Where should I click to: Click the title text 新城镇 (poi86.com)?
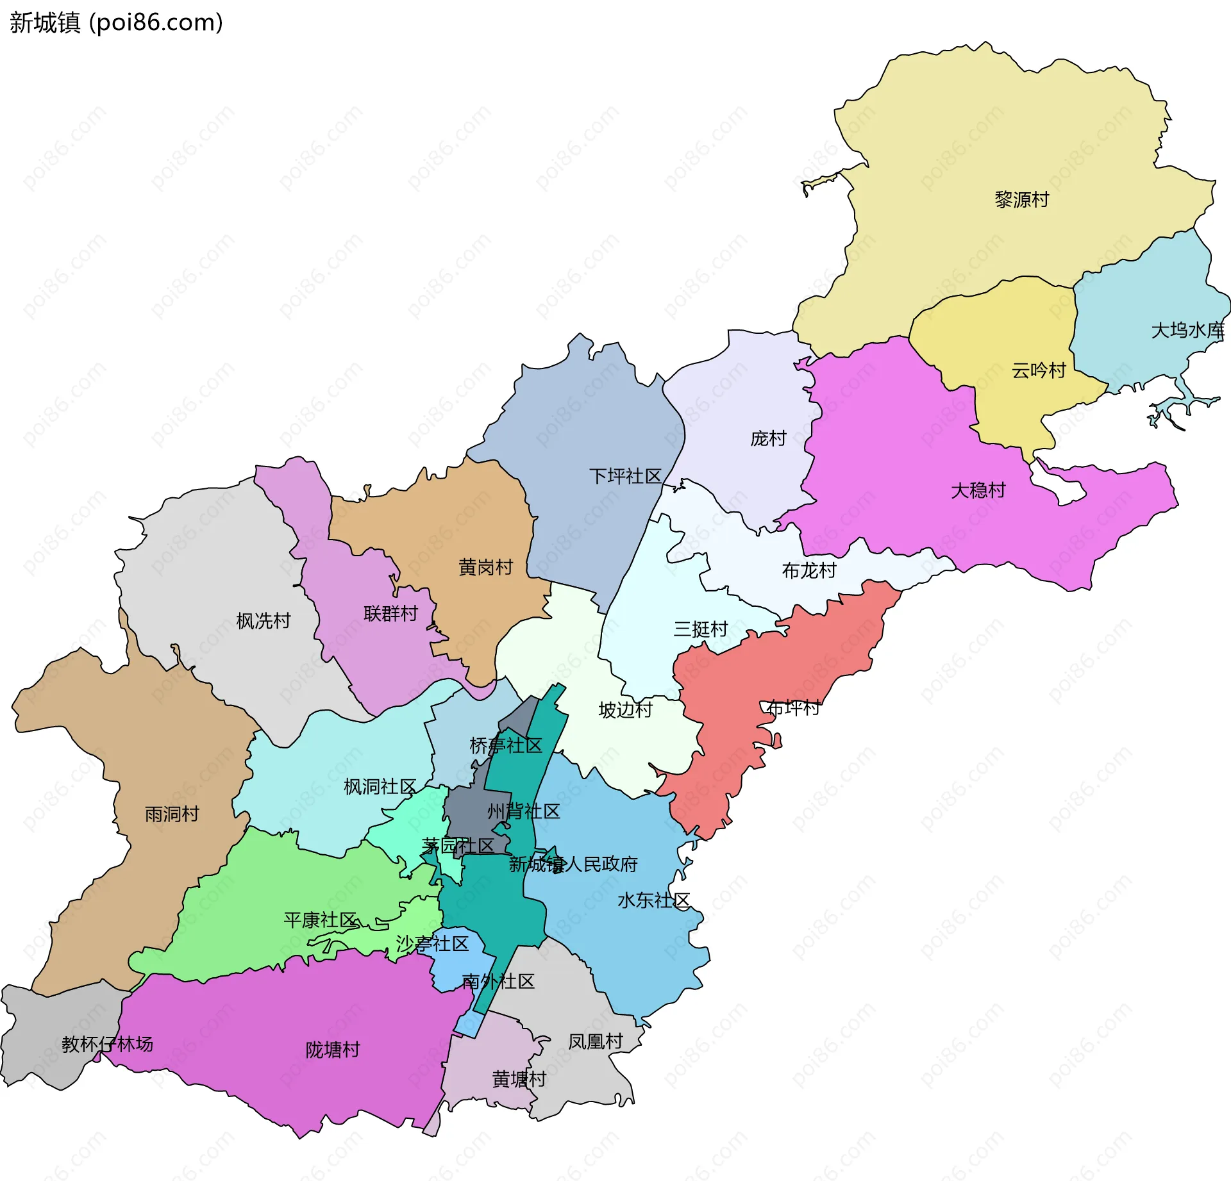(116, 23)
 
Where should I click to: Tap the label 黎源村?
(1021, 200)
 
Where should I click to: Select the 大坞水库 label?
(1187, 331)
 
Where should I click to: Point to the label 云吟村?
(1038, 370)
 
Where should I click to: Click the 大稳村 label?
(978, 491)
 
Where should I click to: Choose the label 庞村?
(768, 439)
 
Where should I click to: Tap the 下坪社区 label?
(624, 476)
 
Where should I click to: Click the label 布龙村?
(808, 570)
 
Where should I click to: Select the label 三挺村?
(700, 629)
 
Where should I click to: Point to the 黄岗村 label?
(485, 567)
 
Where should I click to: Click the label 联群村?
(390, 614)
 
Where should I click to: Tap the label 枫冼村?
(263, 621)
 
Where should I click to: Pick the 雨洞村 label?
(172, 814)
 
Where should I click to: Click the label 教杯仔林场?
(107, 1045)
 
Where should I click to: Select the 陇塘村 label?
(332, 1050)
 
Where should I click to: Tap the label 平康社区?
(320, 921)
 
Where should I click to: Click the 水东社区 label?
(653, 901)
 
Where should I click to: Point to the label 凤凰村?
(595, 1042)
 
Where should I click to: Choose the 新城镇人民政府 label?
(573, 865)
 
